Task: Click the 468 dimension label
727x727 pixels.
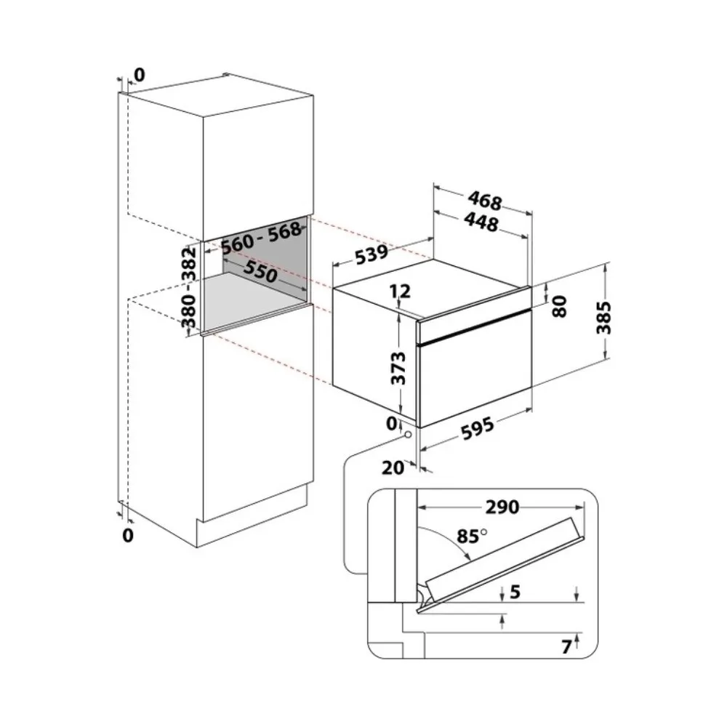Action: pos(485,201)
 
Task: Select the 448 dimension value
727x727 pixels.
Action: pos(482,222)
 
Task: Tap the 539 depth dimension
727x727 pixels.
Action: pos(371,254)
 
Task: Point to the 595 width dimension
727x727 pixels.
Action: pos(478,429)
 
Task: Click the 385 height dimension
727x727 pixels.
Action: pos(603,318)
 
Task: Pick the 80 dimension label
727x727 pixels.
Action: pos(560,307)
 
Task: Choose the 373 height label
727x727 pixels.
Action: pos(398,369)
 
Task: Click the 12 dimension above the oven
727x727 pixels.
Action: pos(400,292)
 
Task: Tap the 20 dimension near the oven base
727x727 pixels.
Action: pos(393,467)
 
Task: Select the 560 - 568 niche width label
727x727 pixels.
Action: pos(262,238)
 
